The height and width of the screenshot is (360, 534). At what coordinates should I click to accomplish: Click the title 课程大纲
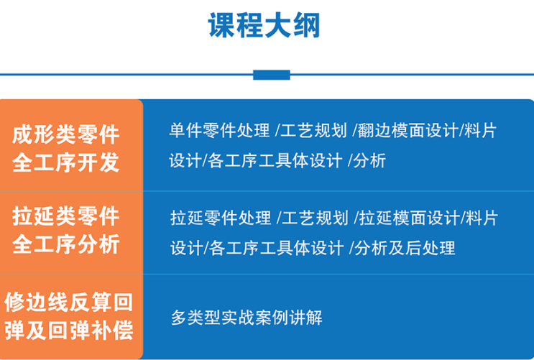click(264, 26)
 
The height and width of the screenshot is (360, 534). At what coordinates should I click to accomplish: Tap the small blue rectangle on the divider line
click(272, 75)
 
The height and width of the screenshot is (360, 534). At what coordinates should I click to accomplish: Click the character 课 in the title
click(222, 26)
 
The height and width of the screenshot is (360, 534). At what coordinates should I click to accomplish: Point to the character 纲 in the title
click(306, 26)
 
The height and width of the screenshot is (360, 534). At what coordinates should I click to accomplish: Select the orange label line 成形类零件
click(66, 134)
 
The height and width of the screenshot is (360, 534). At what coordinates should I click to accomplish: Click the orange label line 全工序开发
click(66, 162)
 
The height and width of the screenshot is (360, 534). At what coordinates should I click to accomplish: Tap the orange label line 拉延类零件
click(66, 216)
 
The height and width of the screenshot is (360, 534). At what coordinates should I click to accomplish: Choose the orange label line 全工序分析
click(66, 244)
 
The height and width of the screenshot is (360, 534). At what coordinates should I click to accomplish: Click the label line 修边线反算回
click(68, 302)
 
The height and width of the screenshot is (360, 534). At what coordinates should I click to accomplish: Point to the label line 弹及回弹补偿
click(68, 331)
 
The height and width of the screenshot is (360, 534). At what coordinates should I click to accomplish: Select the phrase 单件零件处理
click(220, 131)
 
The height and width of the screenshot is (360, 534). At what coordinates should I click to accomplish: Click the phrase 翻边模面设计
click(407, 131)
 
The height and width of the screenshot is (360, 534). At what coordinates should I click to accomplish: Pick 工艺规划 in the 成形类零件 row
click(313, 131)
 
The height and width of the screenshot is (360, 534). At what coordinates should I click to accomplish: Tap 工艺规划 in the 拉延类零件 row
click(315, 218)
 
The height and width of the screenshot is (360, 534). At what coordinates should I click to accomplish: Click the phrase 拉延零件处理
click(221, 218)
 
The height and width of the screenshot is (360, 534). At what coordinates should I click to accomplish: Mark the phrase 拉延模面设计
click(409, 218)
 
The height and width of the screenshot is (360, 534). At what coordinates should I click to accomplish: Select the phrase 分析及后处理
click(405, 248)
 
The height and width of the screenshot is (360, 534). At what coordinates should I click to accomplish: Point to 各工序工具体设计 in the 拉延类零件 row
click(277, 248)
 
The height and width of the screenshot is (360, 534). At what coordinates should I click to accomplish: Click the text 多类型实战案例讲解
click(247, 318)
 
